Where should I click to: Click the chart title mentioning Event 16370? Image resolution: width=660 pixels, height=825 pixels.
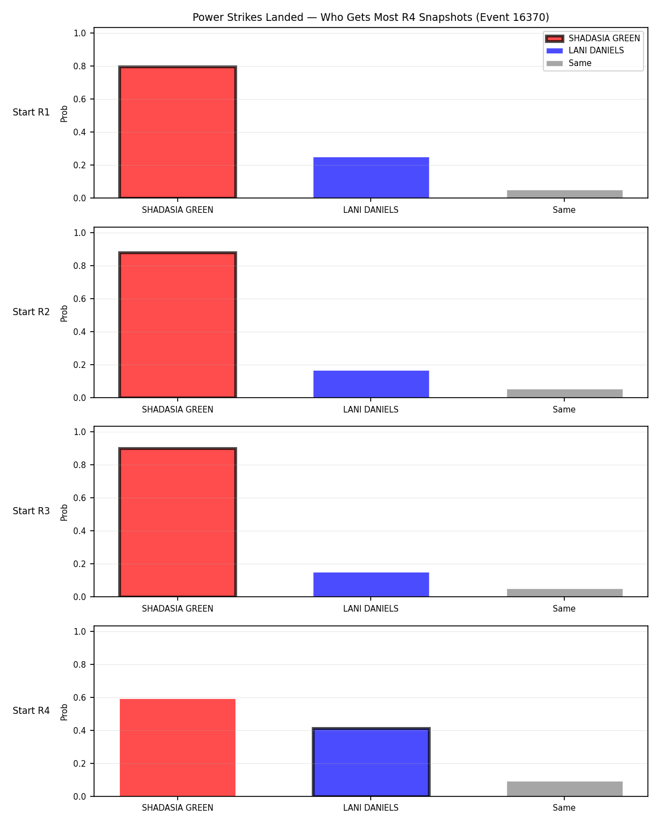(x=371, y=17)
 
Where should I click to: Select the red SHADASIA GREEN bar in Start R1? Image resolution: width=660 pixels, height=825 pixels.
(x=178, y=132)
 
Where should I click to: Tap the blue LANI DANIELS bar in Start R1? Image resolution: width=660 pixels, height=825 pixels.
(x=371, y=178)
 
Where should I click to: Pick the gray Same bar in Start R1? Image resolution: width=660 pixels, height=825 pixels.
(x=564, y=194)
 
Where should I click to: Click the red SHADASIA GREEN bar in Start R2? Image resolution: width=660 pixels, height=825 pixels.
(x=178, y=324)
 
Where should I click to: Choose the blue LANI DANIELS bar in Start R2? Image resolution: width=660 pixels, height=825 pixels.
(x=371, y=384)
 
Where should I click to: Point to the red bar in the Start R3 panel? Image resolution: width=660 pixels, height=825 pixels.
(x=178, y=522)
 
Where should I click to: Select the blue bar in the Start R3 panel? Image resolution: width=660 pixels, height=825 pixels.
(x=371, y=585)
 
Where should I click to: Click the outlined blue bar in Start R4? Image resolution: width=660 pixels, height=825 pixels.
(x=371, y=762)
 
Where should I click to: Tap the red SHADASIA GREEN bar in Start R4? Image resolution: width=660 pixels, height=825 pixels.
(x=178, y=748)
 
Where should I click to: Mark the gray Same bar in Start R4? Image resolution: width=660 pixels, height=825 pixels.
(x=564, y=789)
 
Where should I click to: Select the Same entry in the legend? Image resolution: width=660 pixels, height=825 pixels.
(x=569, y=63)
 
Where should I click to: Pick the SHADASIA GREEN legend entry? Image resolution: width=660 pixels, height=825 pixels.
(x=593, y=38)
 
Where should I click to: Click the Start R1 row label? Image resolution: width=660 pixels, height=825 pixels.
(x=31, y=112)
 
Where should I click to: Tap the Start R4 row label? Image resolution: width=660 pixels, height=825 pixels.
(x=31, y=711)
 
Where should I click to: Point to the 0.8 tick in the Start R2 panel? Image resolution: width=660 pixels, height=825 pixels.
(x=79, y=266)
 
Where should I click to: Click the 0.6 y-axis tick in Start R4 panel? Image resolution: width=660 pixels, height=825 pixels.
(x=79, y=697)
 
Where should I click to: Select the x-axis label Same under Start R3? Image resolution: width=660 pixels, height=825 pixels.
(x=564, y=608)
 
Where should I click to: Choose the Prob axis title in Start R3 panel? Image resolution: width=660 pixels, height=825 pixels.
(x=64, y=513)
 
